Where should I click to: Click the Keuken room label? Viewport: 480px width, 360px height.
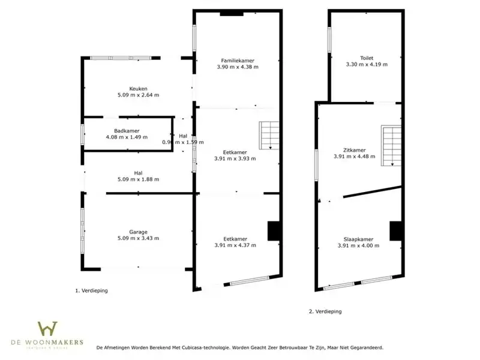[x=138, y=88]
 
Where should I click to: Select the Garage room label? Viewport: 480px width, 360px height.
[x=138, y=232]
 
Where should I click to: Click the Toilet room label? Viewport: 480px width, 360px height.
[x=367, y=58]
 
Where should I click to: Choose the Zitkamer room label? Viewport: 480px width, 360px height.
[x=354, y=150]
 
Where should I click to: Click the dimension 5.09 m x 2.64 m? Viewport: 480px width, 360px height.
[x=138, y=95]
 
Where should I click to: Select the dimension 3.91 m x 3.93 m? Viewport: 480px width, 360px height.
[x=235, y=159]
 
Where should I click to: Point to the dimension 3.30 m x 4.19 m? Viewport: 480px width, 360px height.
[x=367, y=64]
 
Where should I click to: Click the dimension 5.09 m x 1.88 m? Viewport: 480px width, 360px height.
[x=138, y=179]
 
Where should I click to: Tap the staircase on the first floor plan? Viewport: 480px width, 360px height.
[x=269, y=135]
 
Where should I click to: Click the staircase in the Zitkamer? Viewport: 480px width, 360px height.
[x=392, y=146]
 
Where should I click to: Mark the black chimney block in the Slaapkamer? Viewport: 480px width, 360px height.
[x=395, y=231]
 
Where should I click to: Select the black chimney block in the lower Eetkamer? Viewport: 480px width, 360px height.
[x=274, y=231]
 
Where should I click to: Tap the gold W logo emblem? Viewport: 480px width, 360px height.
[x=47, y=329]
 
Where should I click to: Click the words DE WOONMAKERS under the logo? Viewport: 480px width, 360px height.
[x=47, y=343]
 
